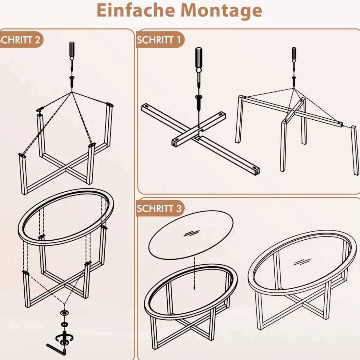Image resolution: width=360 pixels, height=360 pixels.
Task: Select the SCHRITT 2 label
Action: pos(20,40)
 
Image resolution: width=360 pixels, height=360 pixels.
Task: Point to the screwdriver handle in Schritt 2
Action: pos(72,49)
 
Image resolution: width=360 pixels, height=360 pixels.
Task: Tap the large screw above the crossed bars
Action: pos(199,102)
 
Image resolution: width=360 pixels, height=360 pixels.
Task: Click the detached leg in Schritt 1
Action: pos(355,150)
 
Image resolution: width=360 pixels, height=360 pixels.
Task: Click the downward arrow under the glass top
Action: pos(194,273)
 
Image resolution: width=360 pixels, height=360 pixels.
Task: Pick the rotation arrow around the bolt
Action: pos(64,338)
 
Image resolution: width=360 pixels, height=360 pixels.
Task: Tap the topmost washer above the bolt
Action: pos(65,313)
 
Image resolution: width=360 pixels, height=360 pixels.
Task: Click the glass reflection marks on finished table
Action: pos(302,262)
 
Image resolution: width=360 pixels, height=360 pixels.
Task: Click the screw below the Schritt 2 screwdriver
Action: pos(72,81)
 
